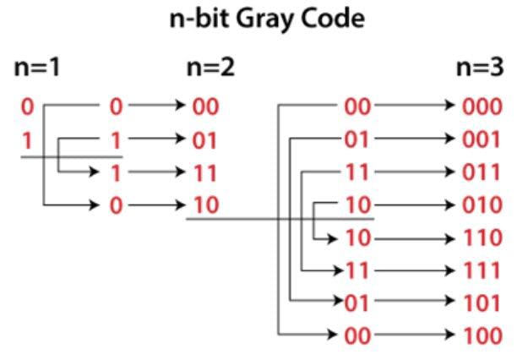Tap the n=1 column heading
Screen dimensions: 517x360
(37, 68)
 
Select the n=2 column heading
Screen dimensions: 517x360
(210, 68)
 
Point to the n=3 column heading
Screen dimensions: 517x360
(480, 68)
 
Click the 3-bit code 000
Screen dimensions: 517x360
(482, 106)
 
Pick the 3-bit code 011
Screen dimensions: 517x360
(482, 172)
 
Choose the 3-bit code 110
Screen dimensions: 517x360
(483, 237)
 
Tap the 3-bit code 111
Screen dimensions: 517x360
(482, 270)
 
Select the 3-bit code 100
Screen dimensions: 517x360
(483, 335)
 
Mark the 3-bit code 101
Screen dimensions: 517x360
(482, 303)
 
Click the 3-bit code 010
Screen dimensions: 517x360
(482, 205)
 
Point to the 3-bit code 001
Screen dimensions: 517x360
(482, 139)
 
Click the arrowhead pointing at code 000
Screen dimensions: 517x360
(450, 105)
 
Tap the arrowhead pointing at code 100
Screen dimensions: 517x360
(450, 335)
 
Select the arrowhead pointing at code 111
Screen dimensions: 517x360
(450, 271)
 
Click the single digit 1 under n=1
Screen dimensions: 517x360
(27, 140)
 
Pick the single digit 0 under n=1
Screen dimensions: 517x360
(27, 107)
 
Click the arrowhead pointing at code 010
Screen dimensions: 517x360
(450, 205)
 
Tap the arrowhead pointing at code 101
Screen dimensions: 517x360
(450, 301)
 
